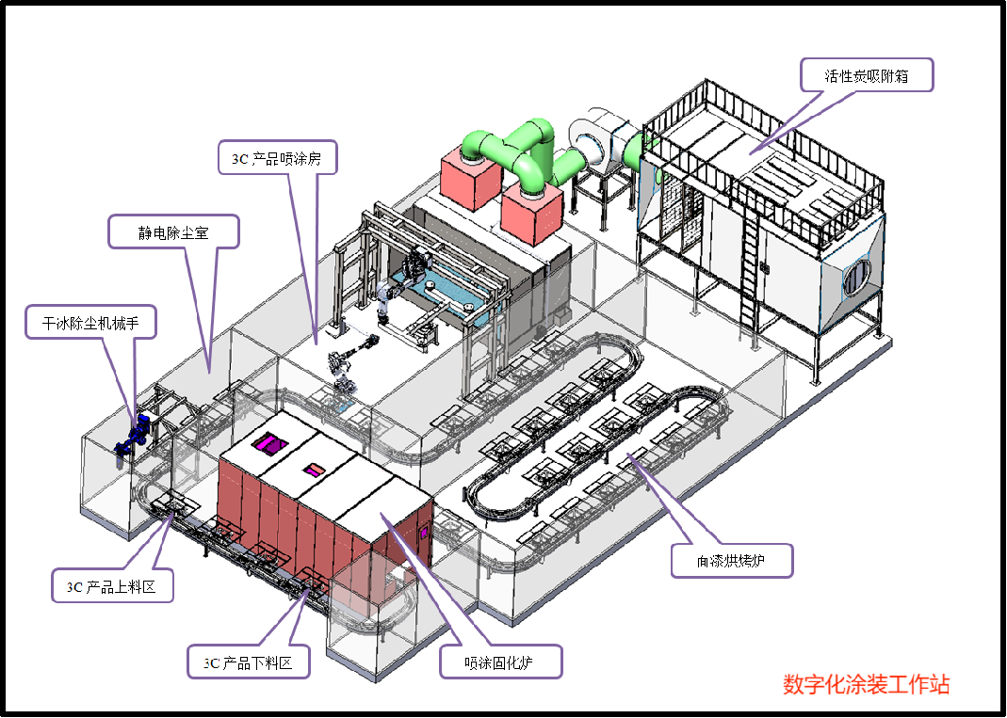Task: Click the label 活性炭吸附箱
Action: coord(866,75)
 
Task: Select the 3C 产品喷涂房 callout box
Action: coord(277,158)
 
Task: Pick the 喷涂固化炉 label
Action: coord(501,662)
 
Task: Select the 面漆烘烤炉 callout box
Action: coord(731,561)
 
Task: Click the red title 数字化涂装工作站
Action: coord(866,684)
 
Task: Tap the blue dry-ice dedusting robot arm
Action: coord(132,434)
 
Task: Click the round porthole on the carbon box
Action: coord(857,276)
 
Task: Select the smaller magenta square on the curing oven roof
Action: coord(312,468)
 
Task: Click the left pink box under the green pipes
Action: coord(469,176)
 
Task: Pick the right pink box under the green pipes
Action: coord(531,214)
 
